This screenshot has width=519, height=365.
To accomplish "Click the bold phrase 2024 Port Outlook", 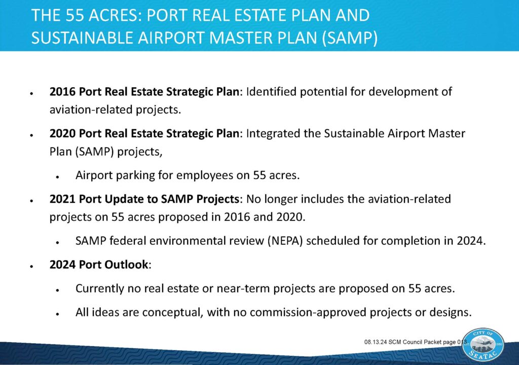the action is [x=99, y=264].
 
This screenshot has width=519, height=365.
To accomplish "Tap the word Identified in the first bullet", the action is [x=272, y=91].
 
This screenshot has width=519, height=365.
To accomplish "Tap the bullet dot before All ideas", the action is [x=58, y=314].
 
